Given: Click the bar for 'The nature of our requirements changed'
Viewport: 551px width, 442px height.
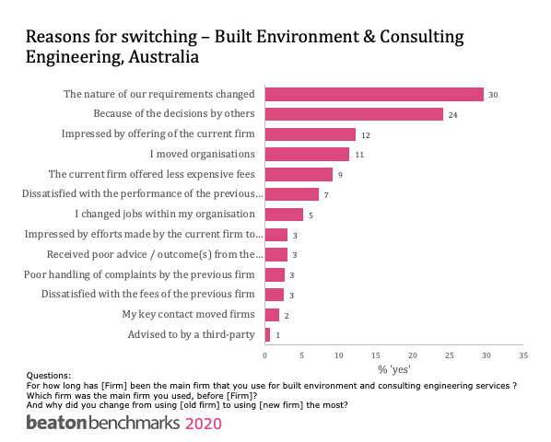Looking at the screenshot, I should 374,94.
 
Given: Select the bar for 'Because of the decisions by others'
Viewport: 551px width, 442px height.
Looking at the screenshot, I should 354,114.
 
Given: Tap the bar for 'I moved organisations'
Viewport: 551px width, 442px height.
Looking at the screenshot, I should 307,154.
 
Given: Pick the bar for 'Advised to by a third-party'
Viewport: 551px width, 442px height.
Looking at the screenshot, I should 268,334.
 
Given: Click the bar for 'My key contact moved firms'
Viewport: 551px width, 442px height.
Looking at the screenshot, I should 272,314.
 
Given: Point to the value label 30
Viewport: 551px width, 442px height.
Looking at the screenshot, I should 494,95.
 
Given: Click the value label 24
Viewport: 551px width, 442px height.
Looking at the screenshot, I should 452,115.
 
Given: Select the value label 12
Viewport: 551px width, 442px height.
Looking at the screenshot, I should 365,134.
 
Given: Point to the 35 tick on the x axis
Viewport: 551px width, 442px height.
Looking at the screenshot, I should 522,354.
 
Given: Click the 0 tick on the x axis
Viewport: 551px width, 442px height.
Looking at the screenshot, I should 265,354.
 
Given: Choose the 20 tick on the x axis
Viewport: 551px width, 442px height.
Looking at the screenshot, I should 413,354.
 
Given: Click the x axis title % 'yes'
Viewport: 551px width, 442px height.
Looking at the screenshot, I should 393,368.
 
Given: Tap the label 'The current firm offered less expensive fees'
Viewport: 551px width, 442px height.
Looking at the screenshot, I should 151,173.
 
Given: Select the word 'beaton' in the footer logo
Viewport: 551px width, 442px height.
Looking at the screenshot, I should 56,424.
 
